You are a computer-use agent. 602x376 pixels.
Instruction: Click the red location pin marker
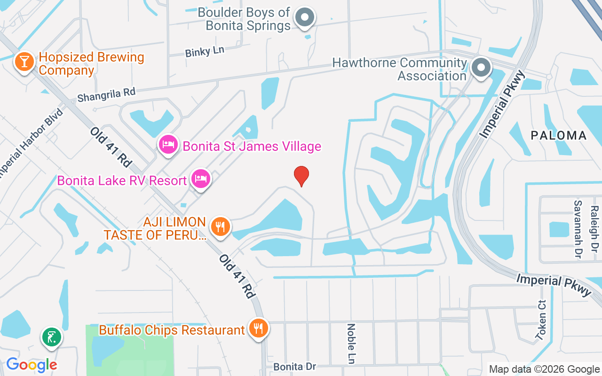click(x=301, y=176)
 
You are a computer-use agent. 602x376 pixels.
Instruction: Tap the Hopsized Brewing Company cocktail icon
click(x=24, y=62)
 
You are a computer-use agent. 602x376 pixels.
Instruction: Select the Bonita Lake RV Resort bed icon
click(x=201, y=179)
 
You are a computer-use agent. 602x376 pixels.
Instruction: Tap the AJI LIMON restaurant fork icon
click(x=219, y=227)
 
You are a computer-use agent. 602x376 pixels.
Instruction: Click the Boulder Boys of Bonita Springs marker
click(x=305, y=18)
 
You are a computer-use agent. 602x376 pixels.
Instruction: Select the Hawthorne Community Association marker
click(x=481, y=68)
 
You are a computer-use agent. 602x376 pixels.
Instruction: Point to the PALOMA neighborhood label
click(x=559, y=136)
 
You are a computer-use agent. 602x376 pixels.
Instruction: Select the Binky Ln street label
click(x=205, y=51)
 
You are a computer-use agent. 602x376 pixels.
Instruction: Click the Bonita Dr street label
click(x=294, y=366)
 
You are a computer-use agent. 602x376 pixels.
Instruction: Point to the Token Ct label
click(x=541, y=320)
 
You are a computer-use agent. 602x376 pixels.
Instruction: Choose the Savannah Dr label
click(x=577, y=229)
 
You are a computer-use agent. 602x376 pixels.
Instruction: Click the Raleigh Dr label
click(x=594, y=229)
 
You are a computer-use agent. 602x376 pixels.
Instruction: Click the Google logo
click(x=32, y=364)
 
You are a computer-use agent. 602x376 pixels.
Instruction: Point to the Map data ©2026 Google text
click(x=544, y=369)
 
